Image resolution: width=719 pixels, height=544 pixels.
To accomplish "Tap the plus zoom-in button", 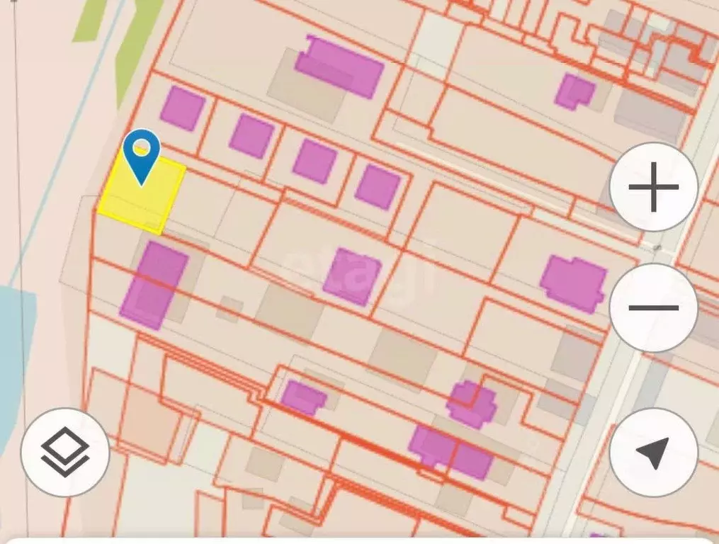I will [653, 188].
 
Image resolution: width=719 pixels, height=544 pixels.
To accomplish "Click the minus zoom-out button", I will [653, 308].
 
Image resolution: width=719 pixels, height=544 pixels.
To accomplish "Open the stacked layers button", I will [65, 452].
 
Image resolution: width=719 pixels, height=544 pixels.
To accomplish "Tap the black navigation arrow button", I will [653, 452].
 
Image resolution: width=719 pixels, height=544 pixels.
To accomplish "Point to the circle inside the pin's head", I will [142, 147].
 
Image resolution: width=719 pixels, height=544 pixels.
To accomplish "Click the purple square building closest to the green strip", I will [182, 108].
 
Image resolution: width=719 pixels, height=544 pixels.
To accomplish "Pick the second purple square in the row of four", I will [251, 135].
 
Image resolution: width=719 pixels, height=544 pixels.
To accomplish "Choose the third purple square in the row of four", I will [315, 161].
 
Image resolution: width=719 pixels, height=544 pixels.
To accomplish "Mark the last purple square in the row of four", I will [378, 186].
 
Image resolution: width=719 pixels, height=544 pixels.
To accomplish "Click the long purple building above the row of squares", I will [340, 66].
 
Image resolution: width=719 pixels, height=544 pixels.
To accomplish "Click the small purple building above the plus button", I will [574, 91].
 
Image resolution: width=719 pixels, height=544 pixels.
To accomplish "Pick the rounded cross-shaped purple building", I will [472, 404].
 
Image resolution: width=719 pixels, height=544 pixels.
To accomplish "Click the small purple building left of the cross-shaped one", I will [302, 397].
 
